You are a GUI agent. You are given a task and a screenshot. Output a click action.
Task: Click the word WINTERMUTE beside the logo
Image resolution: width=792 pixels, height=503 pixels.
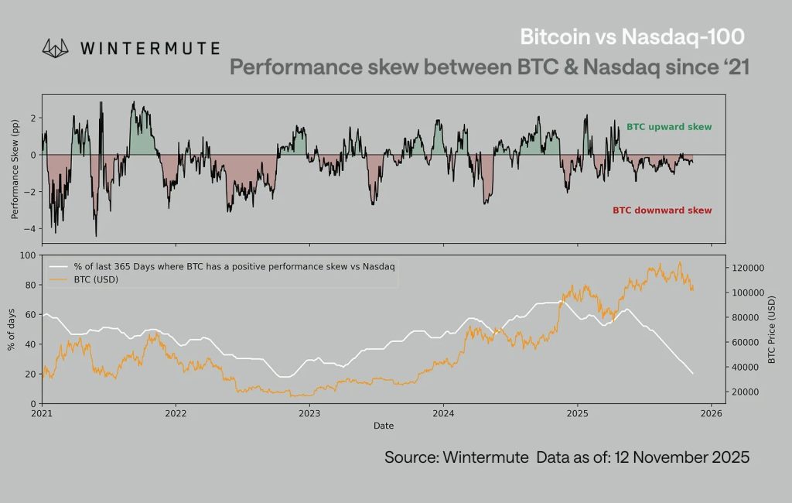click(149, 49)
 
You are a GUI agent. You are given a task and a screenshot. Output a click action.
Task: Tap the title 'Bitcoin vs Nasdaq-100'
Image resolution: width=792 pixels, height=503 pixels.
click(633, 36)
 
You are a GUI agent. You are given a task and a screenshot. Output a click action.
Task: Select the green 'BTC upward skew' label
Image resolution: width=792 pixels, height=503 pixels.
click(668, 127)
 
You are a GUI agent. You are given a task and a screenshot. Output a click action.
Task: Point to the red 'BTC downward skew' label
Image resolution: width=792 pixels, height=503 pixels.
click(662, 210)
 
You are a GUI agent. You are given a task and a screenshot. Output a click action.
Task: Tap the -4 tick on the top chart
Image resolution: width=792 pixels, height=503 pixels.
click(32, 229)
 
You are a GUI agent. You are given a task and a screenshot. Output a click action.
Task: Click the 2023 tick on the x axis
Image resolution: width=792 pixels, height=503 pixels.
click(309, 414)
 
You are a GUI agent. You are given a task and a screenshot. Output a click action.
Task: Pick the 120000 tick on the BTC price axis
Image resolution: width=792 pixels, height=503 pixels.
click(748, 268)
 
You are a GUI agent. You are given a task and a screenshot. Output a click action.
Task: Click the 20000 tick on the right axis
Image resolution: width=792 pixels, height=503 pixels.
click(746, 392)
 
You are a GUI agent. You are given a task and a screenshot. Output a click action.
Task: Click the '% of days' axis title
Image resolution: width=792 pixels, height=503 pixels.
click(12, 329)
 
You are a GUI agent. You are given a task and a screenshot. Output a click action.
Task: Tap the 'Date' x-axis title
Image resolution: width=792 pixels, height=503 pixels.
click(384, 426)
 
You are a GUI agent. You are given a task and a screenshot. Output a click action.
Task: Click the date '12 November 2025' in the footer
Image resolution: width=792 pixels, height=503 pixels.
click(681, 457)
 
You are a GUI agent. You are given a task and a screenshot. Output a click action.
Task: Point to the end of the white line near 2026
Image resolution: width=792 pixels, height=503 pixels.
click(692, 374)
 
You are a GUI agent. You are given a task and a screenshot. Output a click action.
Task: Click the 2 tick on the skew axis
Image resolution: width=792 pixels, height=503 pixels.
click(33, 118)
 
